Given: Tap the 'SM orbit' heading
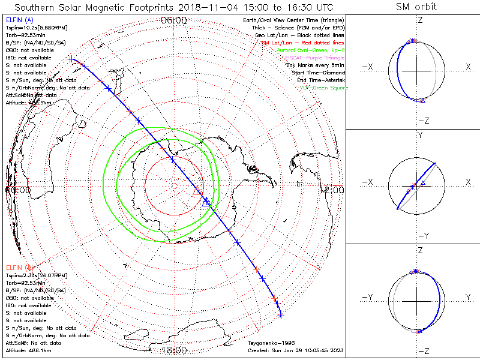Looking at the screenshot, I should [x=416, y=7].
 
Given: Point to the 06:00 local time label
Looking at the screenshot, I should [x=174, y=20].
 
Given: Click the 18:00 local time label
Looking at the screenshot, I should [x=174, y=350].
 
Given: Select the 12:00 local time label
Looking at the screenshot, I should [x=333, y=190].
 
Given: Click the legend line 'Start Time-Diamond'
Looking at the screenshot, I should [x=316, y=73].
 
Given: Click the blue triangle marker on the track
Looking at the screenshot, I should [x=206, y=202].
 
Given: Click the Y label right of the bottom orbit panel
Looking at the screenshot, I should [x=468, y=296].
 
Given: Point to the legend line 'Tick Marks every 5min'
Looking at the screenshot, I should [x=316, y=65].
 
